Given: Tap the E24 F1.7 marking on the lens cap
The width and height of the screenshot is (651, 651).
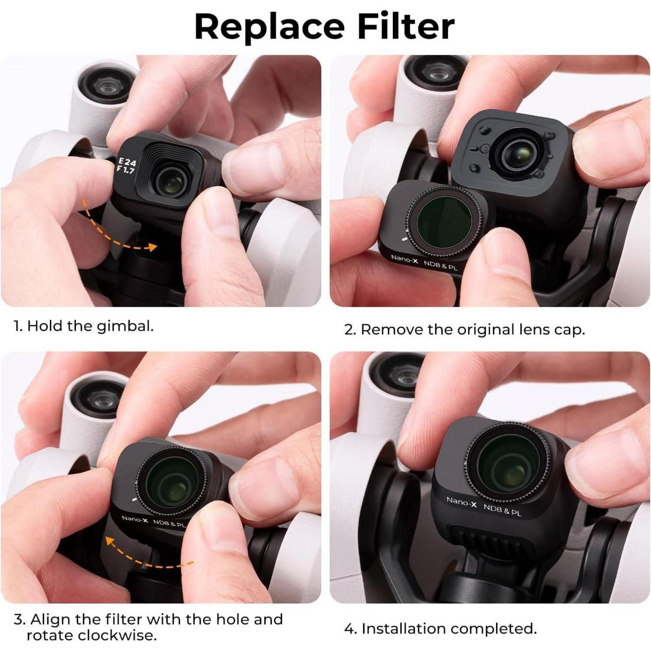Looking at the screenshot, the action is [x=126, y=165].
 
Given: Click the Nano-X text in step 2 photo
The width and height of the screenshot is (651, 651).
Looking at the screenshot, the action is [x=404, y=259].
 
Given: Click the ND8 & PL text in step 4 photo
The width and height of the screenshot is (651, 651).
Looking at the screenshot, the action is [x=502, y=509].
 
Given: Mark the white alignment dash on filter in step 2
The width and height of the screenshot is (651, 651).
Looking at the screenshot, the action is [x=404, y=239].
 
